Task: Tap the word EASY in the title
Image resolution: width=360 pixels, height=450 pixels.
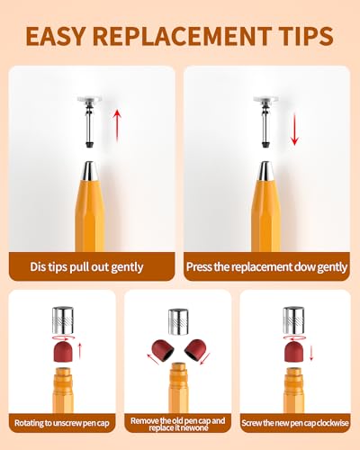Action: coord(56,36)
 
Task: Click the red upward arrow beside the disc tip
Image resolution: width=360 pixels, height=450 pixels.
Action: coord(117,125)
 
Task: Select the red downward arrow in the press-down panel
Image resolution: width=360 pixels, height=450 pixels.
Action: coord(294,130)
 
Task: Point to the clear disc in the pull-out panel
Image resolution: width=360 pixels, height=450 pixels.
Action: coord(90,99)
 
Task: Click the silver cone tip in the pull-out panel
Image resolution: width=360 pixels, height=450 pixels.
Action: coord(89,171)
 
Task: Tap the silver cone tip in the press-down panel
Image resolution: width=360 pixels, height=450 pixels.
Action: coord(265,171)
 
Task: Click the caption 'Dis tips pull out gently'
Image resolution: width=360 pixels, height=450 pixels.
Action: coord(86,266)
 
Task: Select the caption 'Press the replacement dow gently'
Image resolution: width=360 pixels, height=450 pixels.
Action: coord(266,266)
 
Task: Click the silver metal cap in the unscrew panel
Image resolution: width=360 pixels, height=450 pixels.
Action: coord(63,320)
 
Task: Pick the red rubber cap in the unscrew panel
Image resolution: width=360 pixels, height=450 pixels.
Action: coord(63,351)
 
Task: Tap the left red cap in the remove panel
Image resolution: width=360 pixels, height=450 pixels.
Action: coord(163,350)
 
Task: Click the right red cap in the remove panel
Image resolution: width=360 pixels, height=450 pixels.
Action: coord(194,350)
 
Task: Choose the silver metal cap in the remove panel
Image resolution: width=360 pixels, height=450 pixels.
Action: coord(178,321)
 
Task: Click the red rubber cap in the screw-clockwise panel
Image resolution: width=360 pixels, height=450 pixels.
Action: coord(293,351)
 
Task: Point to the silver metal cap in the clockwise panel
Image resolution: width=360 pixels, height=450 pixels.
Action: coord(293,320)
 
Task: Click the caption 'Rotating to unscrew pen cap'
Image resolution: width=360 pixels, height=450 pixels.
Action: coord(62,423)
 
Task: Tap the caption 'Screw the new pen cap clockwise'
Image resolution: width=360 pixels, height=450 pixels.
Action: coord(295,423)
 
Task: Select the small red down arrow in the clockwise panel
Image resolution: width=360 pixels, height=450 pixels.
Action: coord(311,353)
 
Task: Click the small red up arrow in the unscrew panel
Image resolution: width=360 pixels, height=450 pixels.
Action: coord(80,351)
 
